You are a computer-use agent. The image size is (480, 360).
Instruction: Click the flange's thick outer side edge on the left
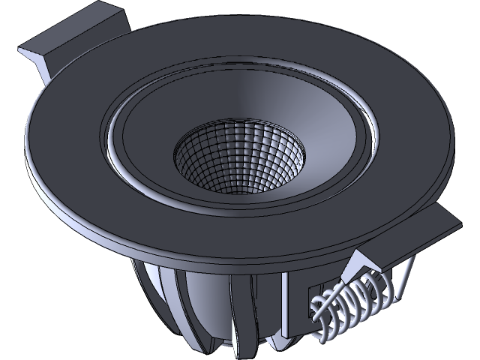coord(45,180)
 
